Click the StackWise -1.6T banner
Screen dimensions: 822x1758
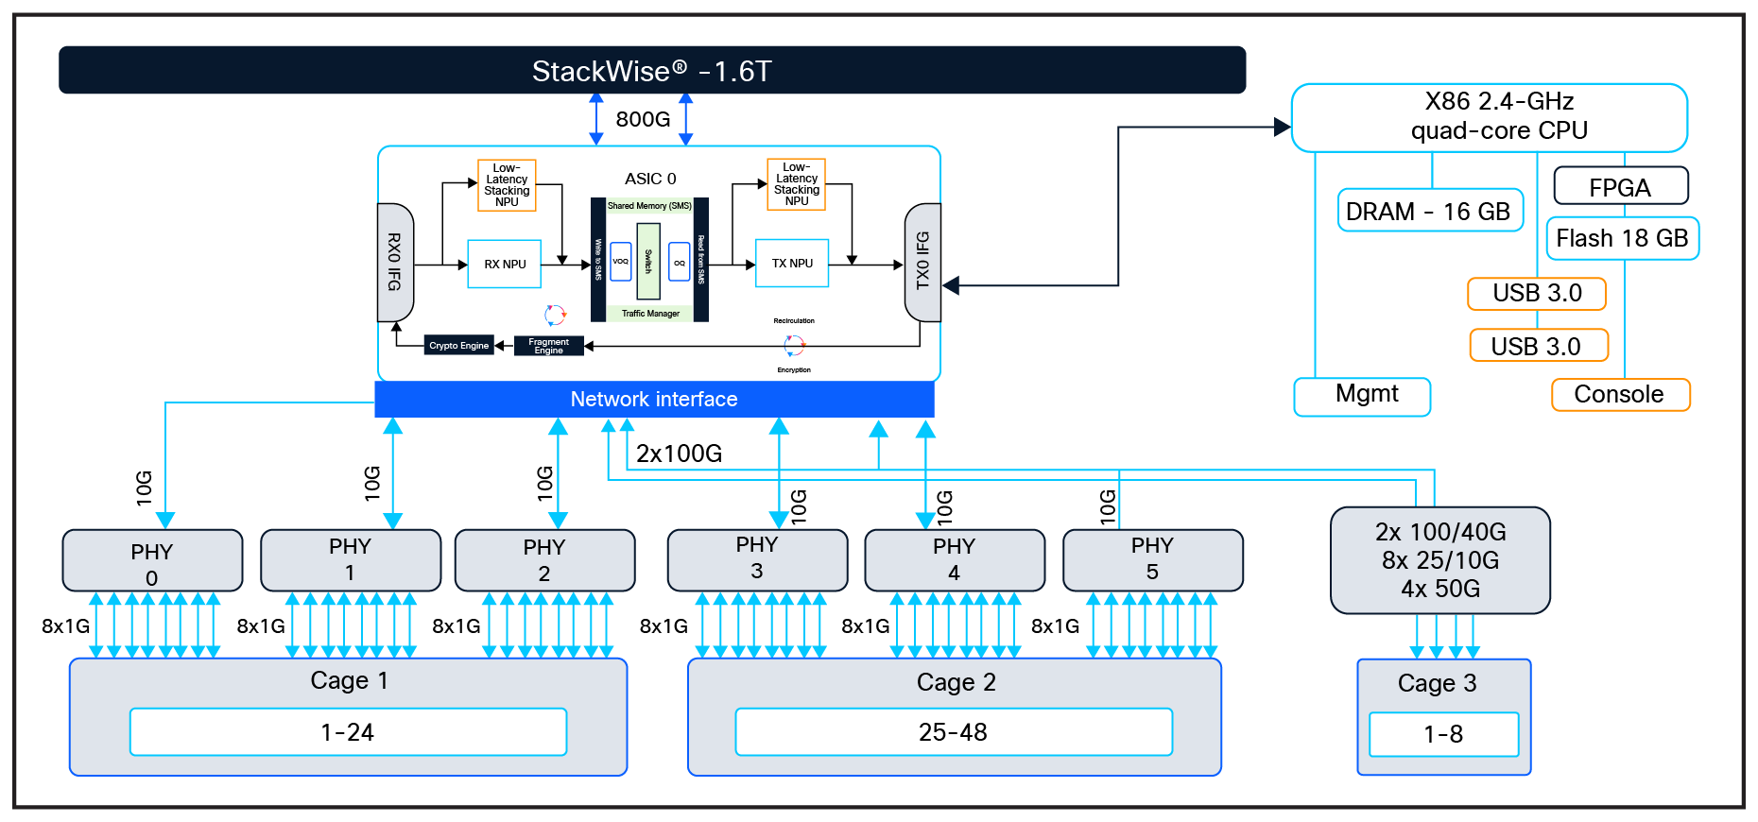click(x=652, y=70)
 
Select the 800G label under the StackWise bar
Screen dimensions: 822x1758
click(x=643, y=119)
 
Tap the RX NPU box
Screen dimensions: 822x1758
click(x=505, y=264)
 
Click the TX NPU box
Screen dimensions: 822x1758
click(x=792, y=263)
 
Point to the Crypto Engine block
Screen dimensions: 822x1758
click(x=458, y=346)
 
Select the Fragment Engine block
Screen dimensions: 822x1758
click(x=548, y=346)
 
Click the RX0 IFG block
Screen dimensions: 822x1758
click(x=395, y=262)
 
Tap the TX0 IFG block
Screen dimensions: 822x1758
click(x=922, y=262)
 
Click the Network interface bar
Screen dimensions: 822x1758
click(x=654, y=399)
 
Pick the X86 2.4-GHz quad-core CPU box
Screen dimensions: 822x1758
click(x=1489, y=117)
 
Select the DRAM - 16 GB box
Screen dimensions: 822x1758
click(x=1429, y=211)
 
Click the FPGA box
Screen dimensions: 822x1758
click(x=1620, y=186)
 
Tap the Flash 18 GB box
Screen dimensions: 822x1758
click(x=1622, y=238)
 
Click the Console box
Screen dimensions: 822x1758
click(x=1620, y=394)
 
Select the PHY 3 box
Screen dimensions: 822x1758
click(x=757, y=559)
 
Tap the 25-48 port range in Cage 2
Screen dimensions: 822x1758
click(x=953, y=732)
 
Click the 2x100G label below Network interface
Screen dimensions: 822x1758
click(x=679, y=454)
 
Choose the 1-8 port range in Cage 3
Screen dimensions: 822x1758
click(x=1443, y=734)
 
